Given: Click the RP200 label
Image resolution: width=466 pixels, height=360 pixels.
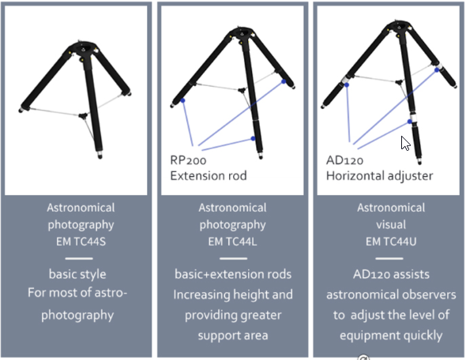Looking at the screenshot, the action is pyautogui.click(x=188, y=160).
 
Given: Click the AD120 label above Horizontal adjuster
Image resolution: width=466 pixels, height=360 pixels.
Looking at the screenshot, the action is pyautogui.click(x=344, y=160).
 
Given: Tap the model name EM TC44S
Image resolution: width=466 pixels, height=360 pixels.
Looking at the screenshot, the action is pyautogui.click(x=81, y=242).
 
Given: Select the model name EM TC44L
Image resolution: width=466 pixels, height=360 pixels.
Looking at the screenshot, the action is pyautogui.click(x=232, y=242).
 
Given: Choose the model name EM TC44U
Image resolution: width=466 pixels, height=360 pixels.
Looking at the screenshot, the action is pyautogui.click(x=391, y=242).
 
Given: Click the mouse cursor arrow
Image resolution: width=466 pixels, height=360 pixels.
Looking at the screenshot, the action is pyautogui.click(x=405, y=144).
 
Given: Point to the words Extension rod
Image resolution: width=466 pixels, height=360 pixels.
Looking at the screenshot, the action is pyautogui.click(x=209, y=176).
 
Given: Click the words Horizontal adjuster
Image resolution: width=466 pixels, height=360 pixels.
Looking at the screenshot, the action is pyautogui.click(x=380, y=176).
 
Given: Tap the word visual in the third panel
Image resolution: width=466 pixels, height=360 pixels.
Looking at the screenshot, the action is pyautogui.click(x=391, y=224).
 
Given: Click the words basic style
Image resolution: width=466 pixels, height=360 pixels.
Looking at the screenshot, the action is pyautogui.click(x=77, y=275).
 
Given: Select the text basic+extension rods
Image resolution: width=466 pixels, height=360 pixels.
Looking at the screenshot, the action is pyautogui.click(x=233, y=274).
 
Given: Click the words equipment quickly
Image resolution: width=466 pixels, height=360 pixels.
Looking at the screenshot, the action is pyautogui.click(x=391, y=336).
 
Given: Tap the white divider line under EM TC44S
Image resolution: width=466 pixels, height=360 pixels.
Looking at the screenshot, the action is pyautogui.click(x=79, y=258).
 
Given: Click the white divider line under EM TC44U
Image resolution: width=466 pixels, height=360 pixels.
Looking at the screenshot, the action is pyautogui.click(x=389, y=258).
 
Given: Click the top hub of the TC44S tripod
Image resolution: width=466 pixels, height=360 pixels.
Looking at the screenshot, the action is pyautogui.click(x=84, y=49).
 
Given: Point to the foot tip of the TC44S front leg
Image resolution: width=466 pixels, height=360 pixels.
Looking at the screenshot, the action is pyautogui.click(x=100, y=156).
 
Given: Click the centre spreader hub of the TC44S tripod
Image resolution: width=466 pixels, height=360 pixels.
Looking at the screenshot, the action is pyautogui.click(x=83, y=115).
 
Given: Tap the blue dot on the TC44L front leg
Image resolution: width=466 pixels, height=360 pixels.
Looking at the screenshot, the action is pyautogui.click(x=253, y=138).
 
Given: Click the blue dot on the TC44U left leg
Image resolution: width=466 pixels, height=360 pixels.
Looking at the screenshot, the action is pyautogui.click(x=347, y=85).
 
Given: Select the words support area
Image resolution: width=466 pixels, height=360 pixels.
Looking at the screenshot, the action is pyautogui.click(x=233, y=336).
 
